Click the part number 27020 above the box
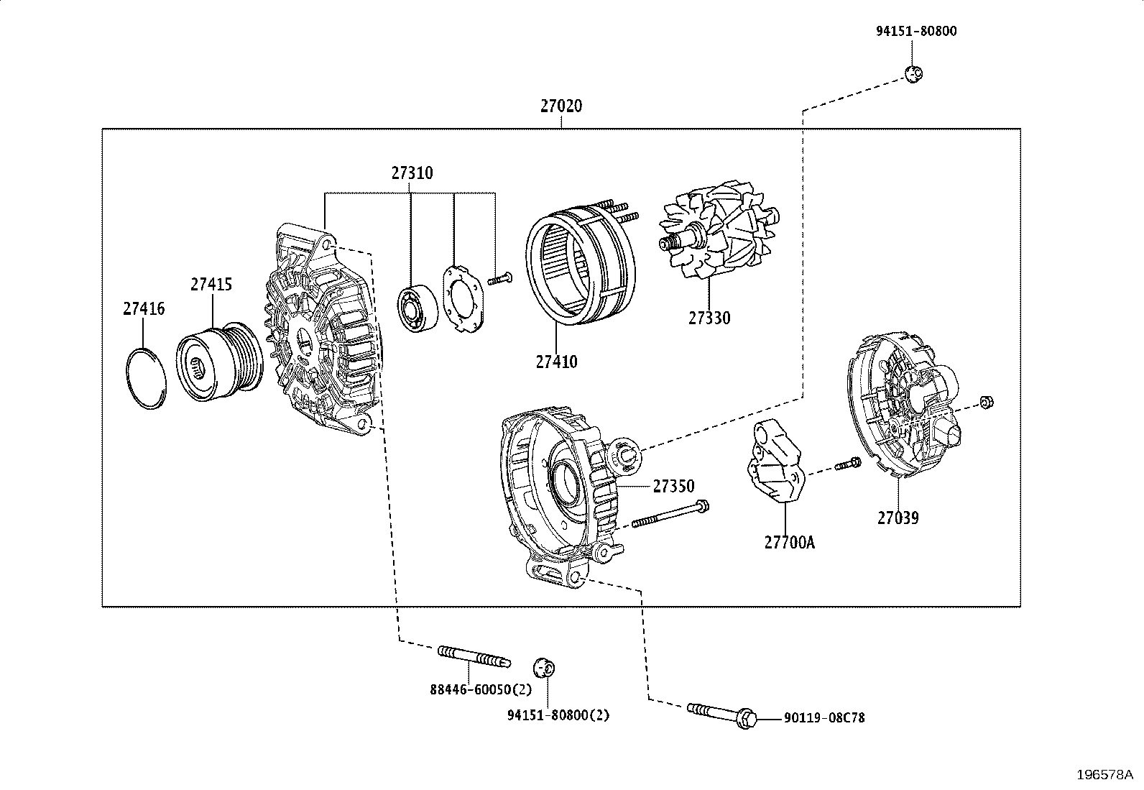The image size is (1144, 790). point(561,106)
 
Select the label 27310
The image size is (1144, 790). point(412,173)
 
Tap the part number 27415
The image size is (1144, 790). point(211,285)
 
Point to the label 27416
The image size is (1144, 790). point(143,309)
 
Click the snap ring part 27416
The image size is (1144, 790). point(147,380)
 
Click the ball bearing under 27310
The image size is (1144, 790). point(415,310)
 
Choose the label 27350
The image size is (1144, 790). point(673,487)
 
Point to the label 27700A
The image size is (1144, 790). point(789,543)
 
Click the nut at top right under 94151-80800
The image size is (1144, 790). point(913,73)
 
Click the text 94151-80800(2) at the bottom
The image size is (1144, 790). point(558,716)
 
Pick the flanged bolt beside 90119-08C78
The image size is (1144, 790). point(722,713)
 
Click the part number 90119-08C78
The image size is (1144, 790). point(824,717)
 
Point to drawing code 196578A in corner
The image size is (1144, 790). point(1104,775)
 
